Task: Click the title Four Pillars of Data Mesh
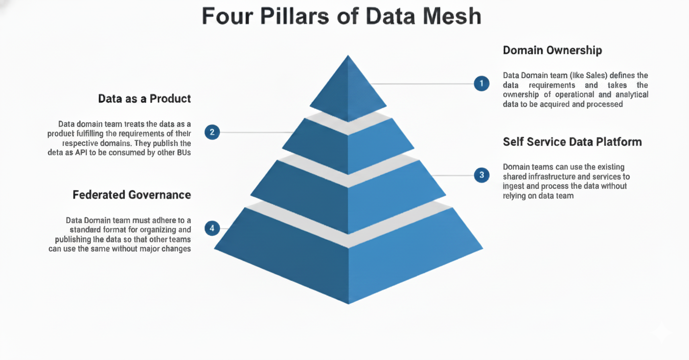click(342, 17)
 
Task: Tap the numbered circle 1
click(482, 84)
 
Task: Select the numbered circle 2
click(212, 132)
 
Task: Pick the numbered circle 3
click(482, 175)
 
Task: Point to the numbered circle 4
click(212, 228)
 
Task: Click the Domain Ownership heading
click(552, 50)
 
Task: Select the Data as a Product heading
click(144, 99)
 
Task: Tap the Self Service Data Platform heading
click(572, 142)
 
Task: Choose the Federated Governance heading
click(132, 195)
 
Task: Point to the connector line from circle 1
click(421, 84)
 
